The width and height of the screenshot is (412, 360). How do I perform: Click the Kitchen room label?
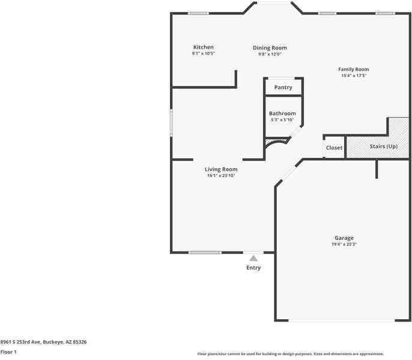coord(204,47)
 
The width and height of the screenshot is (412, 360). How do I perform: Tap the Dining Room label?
coord(270,48)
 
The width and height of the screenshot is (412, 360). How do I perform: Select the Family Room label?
coord(354,70)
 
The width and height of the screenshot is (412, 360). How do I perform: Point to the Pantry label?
coord(283,88)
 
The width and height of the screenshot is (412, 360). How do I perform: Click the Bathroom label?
coord(282,113)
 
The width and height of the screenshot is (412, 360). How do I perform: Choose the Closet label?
coord(334,148)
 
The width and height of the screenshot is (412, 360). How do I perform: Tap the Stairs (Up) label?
coord(384,146)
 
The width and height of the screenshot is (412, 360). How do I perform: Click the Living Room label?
coord(221,169)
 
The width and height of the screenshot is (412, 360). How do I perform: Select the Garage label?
coord(344,238)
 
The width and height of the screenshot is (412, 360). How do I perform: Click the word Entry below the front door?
coord(253,268)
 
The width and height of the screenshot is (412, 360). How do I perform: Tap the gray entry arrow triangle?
coord(253,259)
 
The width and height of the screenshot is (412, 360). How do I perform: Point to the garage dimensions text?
coord(344,244)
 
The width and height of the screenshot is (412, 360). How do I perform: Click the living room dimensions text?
coord(221,176)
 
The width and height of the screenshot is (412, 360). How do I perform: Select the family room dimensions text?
coord(354,76)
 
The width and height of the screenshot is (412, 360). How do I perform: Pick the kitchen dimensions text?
coord(204,53)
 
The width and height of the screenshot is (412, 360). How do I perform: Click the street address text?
coord(43,342)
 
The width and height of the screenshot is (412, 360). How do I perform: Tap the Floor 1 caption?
coord(8,352)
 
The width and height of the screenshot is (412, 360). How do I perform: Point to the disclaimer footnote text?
coord(291,354)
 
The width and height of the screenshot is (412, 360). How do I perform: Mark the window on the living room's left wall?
coord(171,123)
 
